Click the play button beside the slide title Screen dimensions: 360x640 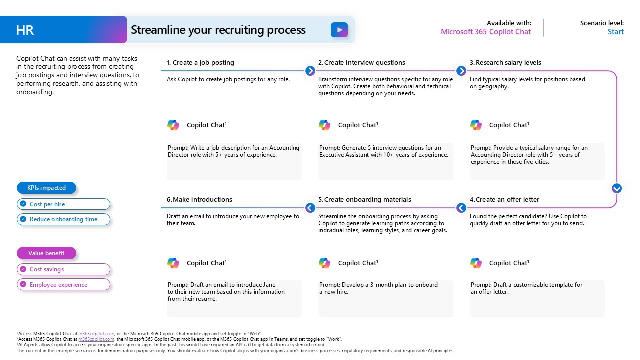click(x=339, y=30)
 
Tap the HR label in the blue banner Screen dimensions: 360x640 click(x=25, y=30)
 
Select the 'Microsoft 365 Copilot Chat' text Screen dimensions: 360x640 click(x=485, y=32)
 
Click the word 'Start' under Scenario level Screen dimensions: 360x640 click(x=615, y=32)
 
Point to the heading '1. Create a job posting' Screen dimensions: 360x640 click(x=200, y=63)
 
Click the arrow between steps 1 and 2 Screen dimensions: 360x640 click(x=310, y=71)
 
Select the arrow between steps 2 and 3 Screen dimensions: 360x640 click(x=461, y=71)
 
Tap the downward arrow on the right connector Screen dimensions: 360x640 click(x=617, y=188)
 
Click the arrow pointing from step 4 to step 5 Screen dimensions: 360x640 click(x=461, y=208)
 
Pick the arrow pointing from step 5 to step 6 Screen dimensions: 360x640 click(x=310, y=208)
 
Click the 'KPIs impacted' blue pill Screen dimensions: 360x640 click(x=47, y=188)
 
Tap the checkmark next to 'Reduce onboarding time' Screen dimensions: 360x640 click(x=23, y=219)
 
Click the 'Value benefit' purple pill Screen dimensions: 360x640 click(x=47, y=253)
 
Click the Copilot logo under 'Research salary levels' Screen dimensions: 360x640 click(x=476, y=125)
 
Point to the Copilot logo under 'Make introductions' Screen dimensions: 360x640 click(x=173, y=263)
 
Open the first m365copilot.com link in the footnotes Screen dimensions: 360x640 click(x=96, y=333)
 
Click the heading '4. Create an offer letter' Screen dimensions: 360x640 click(x=504, y=200)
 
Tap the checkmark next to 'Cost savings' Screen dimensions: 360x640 click(x=23, y=269)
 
